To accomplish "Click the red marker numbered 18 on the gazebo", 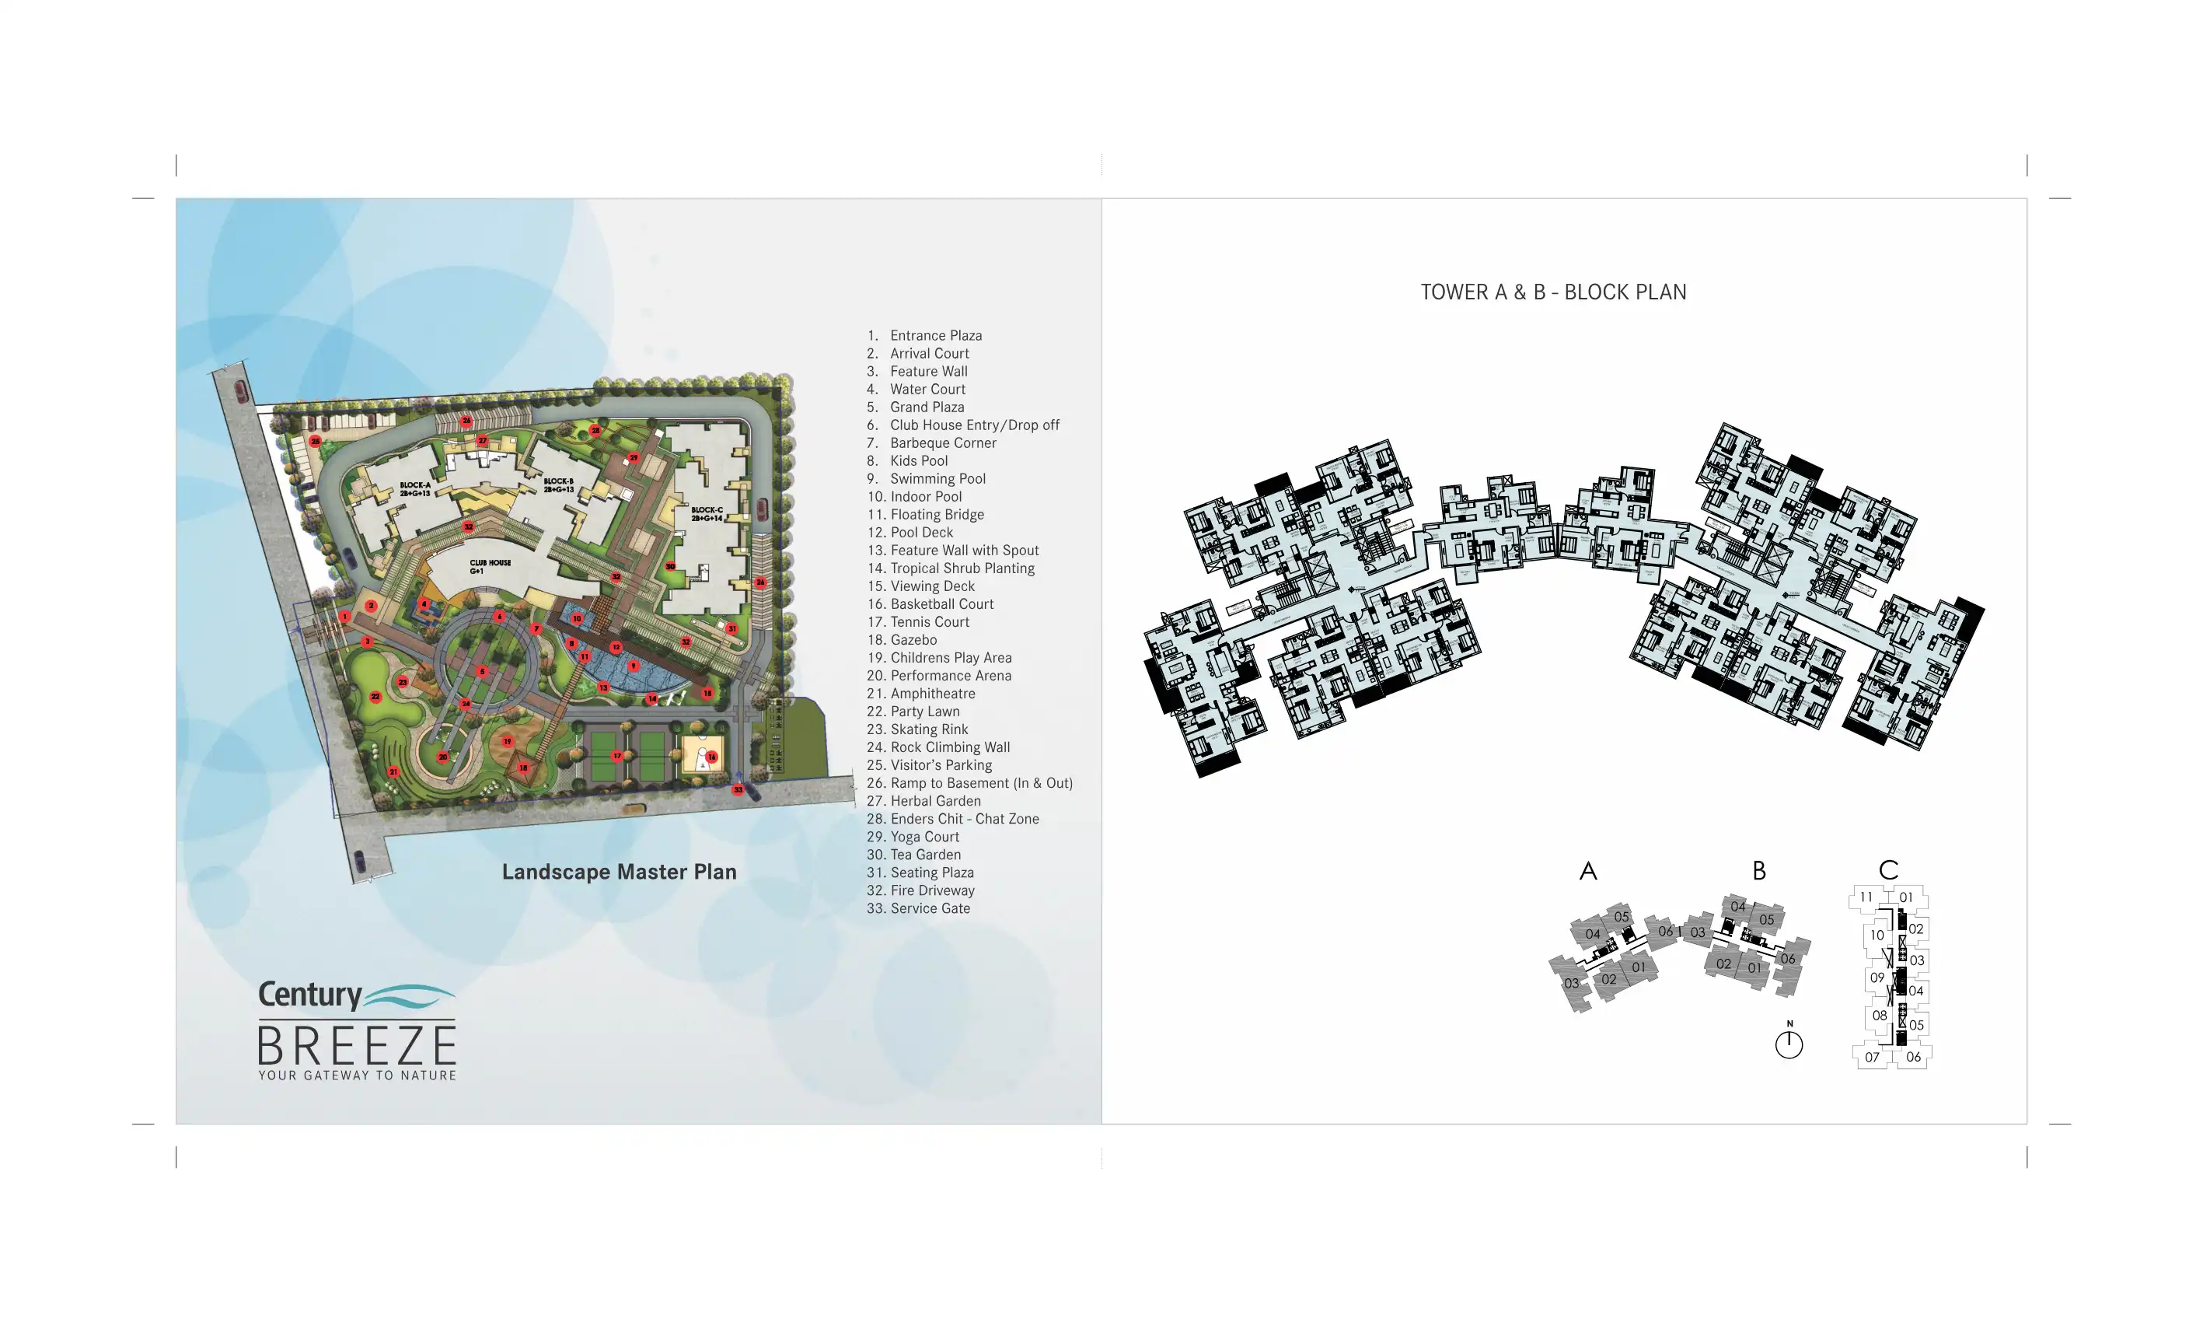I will tap(524, 767).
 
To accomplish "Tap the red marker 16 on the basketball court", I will tap(711, 757).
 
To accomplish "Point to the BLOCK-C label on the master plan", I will tap(707, 514).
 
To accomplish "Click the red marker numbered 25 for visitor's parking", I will tap(316, 441).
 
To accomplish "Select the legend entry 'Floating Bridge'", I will tap(937, 515).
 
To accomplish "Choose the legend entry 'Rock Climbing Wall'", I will tap(949, 747).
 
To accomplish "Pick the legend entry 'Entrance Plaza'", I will tap(935, 336).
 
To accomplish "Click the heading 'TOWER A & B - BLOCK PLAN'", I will tap(1553, 292).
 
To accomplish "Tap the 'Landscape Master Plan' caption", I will tap(619, 872).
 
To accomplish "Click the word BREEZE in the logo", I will tap(357, 1046).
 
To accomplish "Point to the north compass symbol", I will tap(1788, 1043).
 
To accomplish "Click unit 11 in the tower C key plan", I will tap(1866, 897).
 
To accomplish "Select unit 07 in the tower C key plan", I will tap(1872, 1058).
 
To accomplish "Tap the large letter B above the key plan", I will tap(1758, 870).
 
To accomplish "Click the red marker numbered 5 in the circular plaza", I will tap(483, 672).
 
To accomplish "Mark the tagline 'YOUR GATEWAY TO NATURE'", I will tap(357, 1076).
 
